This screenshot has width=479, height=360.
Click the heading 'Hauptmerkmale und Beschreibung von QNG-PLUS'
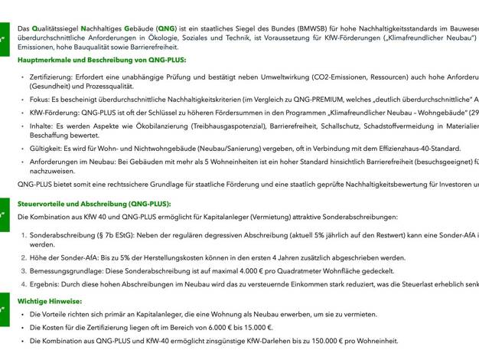tap(102, 59)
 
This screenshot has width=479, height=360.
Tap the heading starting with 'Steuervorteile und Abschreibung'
tap(94, 205)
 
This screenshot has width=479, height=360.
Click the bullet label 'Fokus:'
tap(41, 99)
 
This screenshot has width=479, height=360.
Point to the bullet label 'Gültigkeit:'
tap(46, 149)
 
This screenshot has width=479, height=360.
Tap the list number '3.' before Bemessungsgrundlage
tap(23, 271)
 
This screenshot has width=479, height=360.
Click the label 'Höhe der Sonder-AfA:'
tap(67, 258)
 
